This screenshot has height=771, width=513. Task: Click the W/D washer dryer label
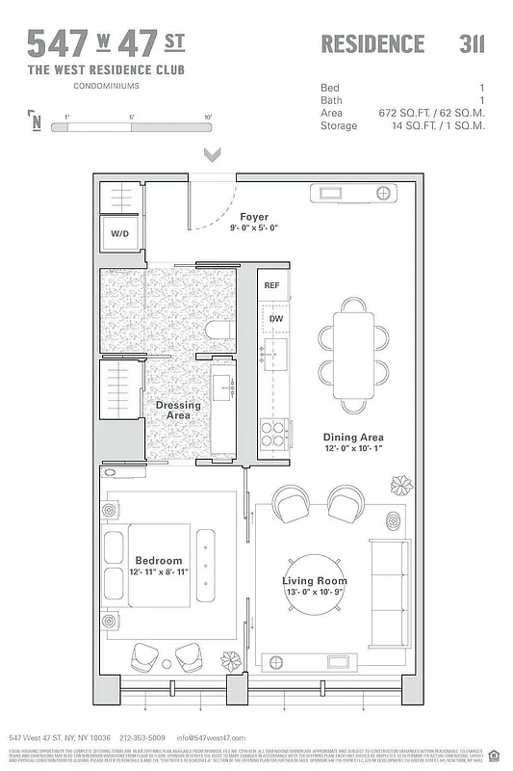[x=120, y=233]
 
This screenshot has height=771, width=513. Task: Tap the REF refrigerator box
[x=271, y=285]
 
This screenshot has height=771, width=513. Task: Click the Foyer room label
[x=255, y=217]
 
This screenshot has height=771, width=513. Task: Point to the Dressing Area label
[x=178, y=411]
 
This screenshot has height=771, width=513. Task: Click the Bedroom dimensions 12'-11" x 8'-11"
[x=159, y=572]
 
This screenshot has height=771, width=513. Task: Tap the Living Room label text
[x=314, y=580]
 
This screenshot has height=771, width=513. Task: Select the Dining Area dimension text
[x=352, y=448]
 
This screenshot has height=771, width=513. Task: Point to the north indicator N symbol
[x=36, y=121]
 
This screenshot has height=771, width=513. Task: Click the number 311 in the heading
[x=472, y=43]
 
